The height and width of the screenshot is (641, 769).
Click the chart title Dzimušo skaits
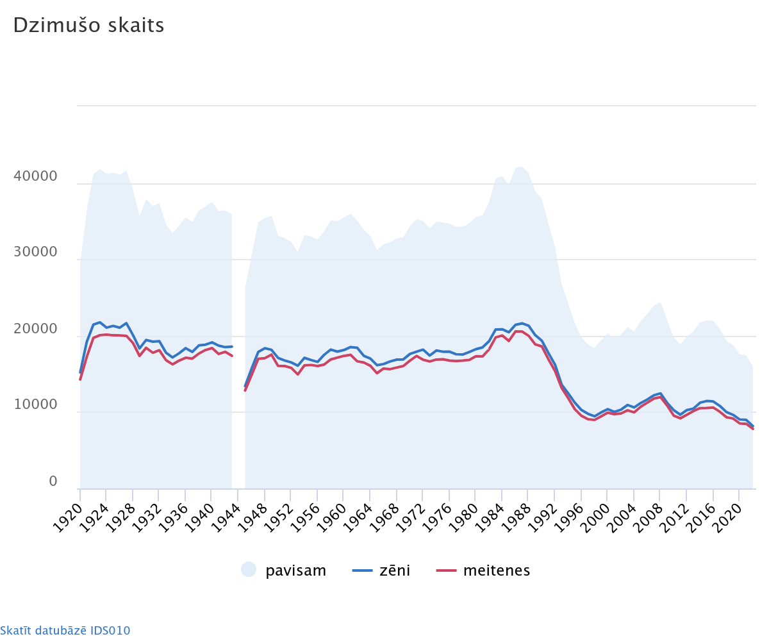(88, 25)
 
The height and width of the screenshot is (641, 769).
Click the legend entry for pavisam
(296, 570)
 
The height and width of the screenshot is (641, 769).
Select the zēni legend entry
(395, 570)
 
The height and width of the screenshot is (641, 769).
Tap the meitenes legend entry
(497, 570)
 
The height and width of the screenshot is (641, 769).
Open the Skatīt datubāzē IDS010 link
(65, 630)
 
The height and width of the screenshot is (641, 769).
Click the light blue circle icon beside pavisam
(249, 569)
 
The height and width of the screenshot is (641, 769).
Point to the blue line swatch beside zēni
(362, 570)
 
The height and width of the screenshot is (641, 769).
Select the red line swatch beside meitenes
(446, 570)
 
